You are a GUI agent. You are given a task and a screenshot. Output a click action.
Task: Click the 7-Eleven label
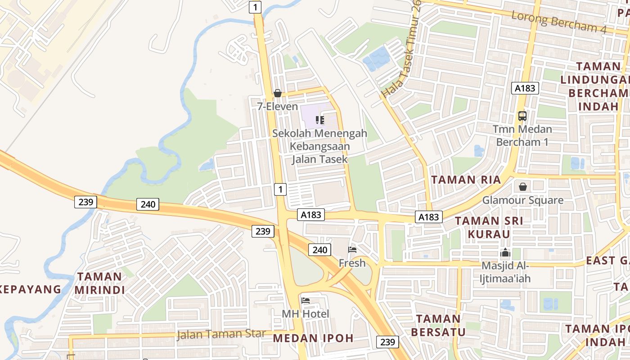point(278,107)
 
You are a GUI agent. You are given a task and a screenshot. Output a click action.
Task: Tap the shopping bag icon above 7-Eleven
point(278,93)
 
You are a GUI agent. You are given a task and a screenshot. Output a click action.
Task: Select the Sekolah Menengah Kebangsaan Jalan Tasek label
point(319,146)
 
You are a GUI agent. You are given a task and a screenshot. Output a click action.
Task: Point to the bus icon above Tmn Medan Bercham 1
point(522,116)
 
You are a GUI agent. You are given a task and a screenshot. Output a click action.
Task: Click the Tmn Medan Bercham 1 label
point(522,135)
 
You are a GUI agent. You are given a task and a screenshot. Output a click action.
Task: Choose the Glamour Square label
point(523,200)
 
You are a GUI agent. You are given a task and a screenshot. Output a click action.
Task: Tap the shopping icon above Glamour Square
point(523,186)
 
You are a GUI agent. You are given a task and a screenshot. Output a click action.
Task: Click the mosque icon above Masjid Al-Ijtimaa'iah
point(505,253)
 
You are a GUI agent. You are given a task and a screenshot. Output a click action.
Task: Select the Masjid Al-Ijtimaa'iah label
point(506,272)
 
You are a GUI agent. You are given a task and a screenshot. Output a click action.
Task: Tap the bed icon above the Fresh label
point(352,250)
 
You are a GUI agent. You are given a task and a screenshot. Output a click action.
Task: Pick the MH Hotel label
point(306,314)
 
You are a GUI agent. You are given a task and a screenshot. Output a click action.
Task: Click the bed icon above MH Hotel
point(306,301)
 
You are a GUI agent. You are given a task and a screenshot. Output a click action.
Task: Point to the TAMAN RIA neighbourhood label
point(466,180)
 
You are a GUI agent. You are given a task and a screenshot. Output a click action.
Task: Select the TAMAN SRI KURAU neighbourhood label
point(489,228)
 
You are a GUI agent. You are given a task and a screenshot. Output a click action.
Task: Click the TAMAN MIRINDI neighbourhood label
point(99,283)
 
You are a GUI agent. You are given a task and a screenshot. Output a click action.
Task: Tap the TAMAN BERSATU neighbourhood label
point(438,325)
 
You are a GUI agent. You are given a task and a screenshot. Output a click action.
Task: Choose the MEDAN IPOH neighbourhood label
point(313,338)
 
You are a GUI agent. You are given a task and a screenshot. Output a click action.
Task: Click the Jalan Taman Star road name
point(221,334)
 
